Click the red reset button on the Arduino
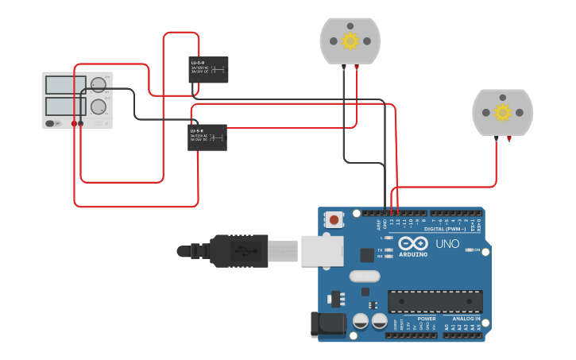coord(334,219)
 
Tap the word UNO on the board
coord(447,244)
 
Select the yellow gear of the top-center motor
coord(350,41)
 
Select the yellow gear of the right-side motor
coord(502,112)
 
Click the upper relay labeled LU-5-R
coord(208,69)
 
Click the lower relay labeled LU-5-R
coord(207,137)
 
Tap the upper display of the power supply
coord(67,84)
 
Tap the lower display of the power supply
coord(67,106)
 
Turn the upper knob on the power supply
coord(99,85)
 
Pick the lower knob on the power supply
coord(99,106)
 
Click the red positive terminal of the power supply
coord(74,124)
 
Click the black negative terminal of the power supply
coord(80,124)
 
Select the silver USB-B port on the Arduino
coord(322,250)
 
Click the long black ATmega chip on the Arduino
coord(435,302)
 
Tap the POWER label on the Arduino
coord(426,319)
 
